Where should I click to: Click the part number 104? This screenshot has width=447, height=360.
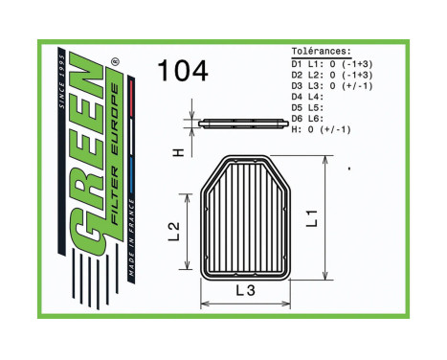point(182,71)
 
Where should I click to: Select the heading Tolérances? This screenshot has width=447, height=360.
point(322,52)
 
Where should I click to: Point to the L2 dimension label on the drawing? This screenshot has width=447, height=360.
point(173,231)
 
